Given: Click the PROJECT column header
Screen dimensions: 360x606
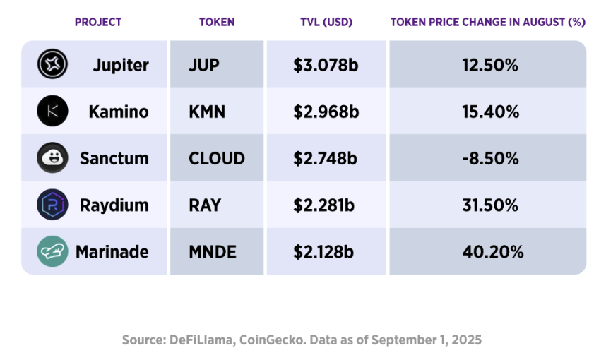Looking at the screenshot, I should pos(98,22).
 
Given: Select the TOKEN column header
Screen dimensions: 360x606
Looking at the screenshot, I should pos(217,22).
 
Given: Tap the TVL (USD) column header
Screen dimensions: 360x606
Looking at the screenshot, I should pos(326,22).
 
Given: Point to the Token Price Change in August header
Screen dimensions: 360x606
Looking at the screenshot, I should pos(487,22).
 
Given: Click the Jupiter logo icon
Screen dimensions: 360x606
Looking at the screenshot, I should pos(52,65).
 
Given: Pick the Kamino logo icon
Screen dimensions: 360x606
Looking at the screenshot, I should pos(52,112).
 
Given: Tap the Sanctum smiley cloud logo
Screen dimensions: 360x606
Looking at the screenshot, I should pos(52,158).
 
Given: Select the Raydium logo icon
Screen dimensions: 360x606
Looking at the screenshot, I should pos(52,205).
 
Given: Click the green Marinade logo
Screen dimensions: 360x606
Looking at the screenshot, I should pos(52,251).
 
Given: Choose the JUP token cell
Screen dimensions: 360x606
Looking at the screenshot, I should pos(204,66).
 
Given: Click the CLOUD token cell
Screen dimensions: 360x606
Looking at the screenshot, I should pos(217,159).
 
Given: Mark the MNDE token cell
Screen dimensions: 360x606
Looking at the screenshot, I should pos(213,252).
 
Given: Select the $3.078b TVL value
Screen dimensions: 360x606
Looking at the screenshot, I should pos(326,66).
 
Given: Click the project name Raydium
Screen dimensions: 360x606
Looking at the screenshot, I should pos(114,205).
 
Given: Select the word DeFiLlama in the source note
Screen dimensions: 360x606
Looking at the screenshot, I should pos(206,340).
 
